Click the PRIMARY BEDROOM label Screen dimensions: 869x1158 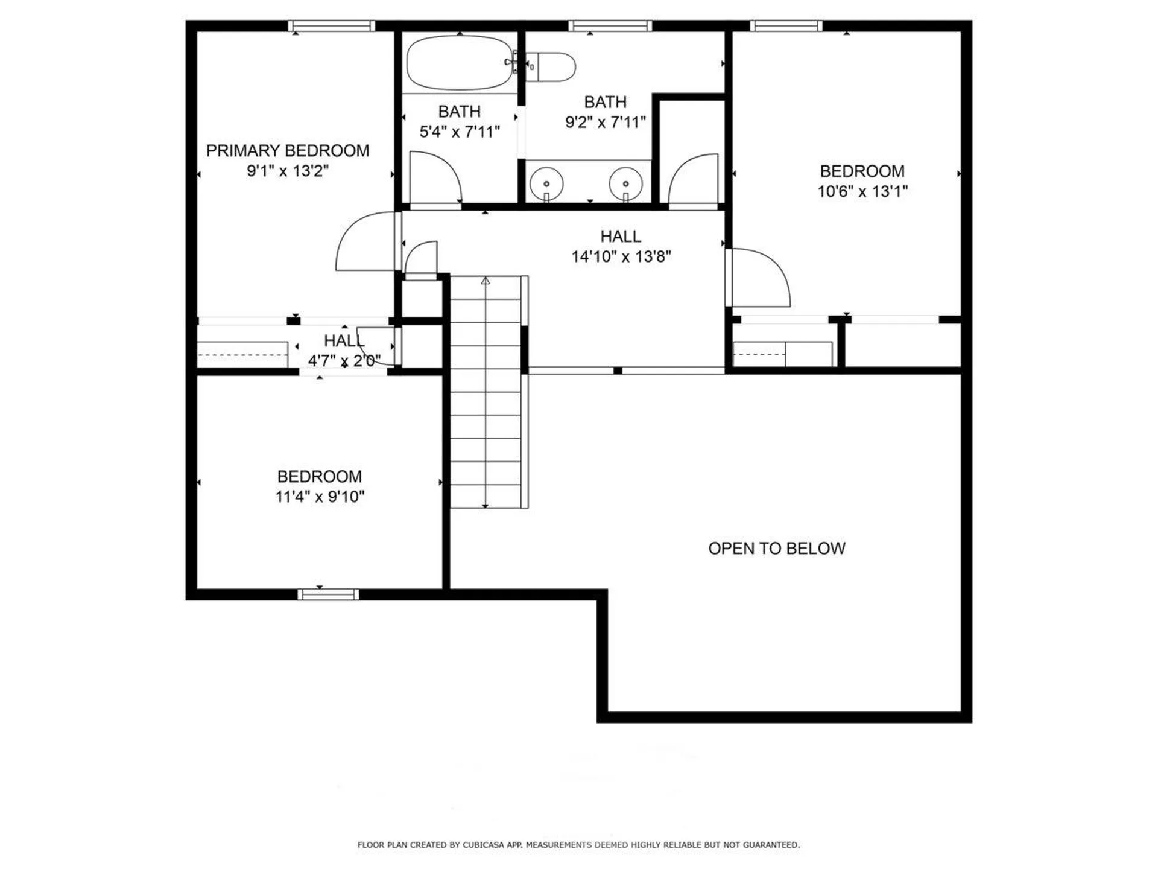pyautogui.click(x=288, y=151)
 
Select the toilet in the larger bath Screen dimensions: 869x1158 pyautogui.click(x=552, y=67)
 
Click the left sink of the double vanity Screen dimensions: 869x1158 pyautogui.click(x=546, y=183)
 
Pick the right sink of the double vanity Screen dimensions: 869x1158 pyautogui.click(x=625, y=183)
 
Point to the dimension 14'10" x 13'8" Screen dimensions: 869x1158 pyautogui.click(x=621, y=256)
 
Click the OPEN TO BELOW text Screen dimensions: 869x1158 pyautogui.click(x=776, y=548)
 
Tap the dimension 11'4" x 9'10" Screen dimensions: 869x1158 pyautogui.click(x=320, y=497)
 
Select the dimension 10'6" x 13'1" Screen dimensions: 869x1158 pyautogui.click(x=862, y=191)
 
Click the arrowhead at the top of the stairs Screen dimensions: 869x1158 pyautogui.click(x=486, y=281)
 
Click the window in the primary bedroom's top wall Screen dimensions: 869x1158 pyautogui.click(x=331, y=25)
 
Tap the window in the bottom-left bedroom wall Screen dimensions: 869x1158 pyautogui.click(x=328, y=594)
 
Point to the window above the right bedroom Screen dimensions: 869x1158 pyautogui.click(x=786, y=25)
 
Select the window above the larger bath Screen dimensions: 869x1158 pyautogui.click(x=610, y=25)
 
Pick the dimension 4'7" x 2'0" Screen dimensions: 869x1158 pyautogui.click(x=344, y=361)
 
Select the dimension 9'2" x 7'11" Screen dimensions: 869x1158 pyautogui.click(x=605, y=122)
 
